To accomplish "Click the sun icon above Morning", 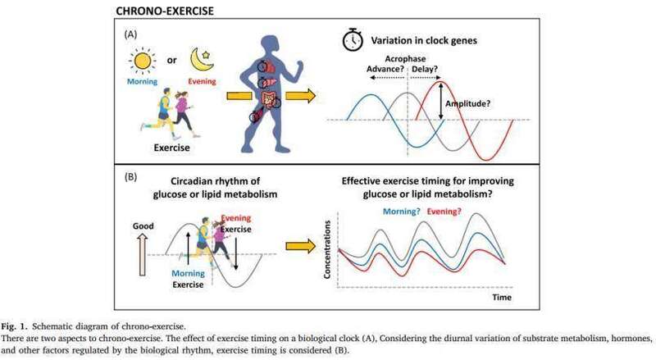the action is coord(142,62).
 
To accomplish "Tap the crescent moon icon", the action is coord(202,60).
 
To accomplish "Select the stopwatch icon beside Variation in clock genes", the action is coord(353,39).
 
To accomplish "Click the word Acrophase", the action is coord(405,59).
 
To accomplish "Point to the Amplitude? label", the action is coord(467,103).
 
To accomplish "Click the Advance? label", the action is coord(385,69).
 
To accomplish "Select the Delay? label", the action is coord(425,69).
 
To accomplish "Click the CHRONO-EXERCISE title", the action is coord(165,11).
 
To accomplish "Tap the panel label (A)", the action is coord(130,34).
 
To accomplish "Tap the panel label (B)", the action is coord(130,176).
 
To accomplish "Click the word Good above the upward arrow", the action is coord(143,226).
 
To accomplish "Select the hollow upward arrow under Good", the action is coord(143,255).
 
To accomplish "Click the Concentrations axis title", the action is coord(327,249).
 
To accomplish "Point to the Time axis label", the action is coord(502,297).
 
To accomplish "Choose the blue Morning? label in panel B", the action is coord(402,212).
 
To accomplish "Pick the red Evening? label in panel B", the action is coord(444,212).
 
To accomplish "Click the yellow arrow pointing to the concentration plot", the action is coord(300,246).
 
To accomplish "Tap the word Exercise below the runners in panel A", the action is coord(171,148).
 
